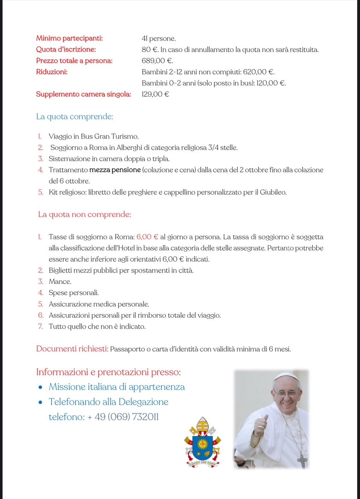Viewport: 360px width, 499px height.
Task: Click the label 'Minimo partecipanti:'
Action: [69, 39]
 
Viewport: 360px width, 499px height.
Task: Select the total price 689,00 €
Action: [157, 61]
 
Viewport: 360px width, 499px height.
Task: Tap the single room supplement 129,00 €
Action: [155, 94]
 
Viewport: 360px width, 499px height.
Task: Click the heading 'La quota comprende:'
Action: [74, 117]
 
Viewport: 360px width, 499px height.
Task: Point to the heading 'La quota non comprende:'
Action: [84, 214]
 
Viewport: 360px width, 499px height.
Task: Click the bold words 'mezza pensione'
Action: [115, 170]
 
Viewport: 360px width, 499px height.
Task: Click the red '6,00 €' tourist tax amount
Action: [147, 237]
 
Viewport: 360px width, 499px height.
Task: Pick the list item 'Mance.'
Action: [60, 281]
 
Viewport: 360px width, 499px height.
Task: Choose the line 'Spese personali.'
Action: [74, 293]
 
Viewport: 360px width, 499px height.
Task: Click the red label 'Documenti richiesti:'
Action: [72, 349]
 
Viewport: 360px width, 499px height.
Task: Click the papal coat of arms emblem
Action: [202, 443]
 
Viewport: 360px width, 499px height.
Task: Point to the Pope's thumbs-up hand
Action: [261, 426]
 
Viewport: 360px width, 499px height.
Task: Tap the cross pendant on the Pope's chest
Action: [302, 460]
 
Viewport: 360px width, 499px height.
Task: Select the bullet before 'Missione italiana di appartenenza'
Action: [41, 388]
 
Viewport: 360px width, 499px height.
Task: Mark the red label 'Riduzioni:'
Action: [52, 72]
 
